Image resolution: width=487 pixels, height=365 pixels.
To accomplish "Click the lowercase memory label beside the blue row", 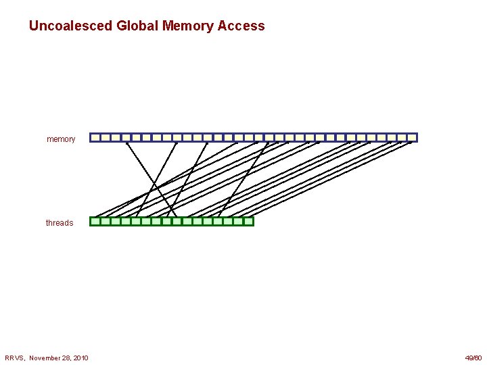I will [x=61, y=139].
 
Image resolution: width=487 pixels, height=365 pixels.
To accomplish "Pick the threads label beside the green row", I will [x=60, y=223].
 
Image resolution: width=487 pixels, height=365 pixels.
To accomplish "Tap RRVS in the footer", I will [x=14, y=358].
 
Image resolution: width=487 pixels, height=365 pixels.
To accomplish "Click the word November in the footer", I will [x=45, y=358].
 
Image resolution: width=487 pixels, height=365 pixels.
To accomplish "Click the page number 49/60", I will [x=473, y=358].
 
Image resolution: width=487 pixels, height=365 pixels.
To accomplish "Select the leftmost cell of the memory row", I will [x=95, y=137].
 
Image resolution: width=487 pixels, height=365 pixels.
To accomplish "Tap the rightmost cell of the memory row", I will [x=412, y=137].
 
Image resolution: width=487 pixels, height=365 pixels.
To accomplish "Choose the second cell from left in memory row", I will [x=106, y=137].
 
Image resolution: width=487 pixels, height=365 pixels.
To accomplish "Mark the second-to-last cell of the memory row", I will [x=402, y=137].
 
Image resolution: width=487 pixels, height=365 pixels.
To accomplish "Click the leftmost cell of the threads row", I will [x=95, y=221].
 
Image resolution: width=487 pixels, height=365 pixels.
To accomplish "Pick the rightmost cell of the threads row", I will [x=248, y=221].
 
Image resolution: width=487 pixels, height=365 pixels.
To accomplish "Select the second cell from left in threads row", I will [x=106, y=221].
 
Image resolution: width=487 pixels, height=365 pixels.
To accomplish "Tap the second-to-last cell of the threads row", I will [x=238, y=221].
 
